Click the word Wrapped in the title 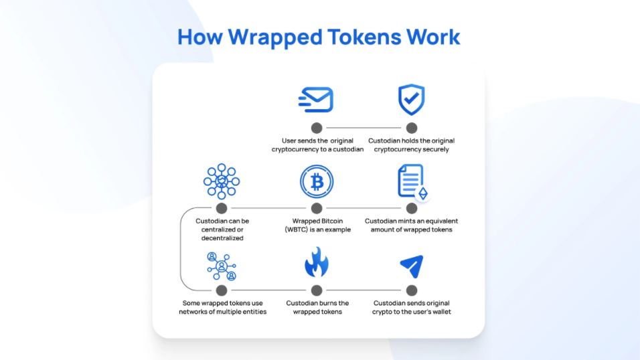click(x=275, y=38)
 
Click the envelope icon click(x=316, y=100)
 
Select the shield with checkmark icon click(x=412, y=100)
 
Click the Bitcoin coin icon click(x=317, y=181)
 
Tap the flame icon click(x=317, y=262)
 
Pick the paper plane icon click(x=412, y=266)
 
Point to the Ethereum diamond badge click(x=423, y=193)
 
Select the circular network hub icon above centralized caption click(x=222, y=181)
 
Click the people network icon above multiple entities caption click(x=222, y=266)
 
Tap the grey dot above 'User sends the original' click(x=317, y=128)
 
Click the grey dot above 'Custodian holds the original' click(x=412, y=128)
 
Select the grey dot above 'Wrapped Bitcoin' click(x=317, y=209)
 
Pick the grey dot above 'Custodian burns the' click(x=317, y=290)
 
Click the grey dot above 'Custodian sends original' click(x=412, y=290)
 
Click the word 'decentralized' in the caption click(x=222, y=238)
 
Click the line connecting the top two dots click(x=364, y=128)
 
